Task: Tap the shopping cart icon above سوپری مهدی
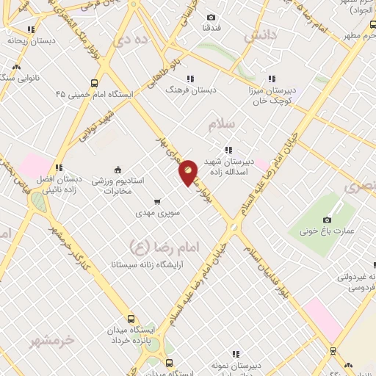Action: pos(156,201)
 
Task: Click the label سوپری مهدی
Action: pos(154,214)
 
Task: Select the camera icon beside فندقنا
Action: pos(211,18)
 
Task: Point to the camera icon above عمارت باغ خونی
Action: pos(327,220)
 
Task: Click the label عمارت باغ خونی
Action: pos(327,232)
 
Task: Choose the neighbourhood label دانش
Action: pos(262,35)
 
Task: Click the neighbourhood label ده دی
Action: pos(137,40)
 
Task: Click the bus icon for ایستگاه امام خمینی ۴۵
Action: pos(94,83)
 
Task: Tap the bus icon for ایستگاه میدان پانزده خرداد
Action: pos(131,319)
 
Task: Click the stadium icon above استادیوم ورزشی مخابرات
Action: pos(118,167)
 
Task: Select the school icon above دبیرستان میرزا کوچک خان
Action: pos(272,79)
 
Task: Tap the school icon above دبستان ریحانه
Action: pos(30,30)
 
